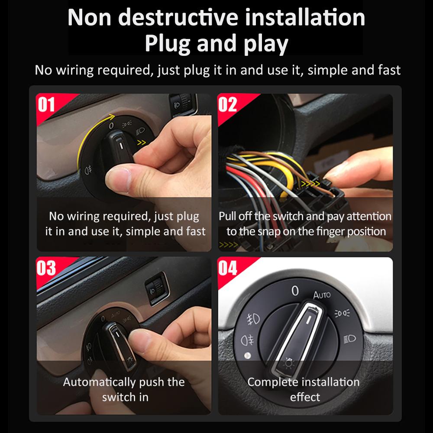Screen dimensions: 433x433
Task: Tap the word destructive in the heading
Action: [x=178, y=17]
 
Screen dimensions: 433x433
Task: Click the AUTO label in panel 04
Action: [x=322, y=295]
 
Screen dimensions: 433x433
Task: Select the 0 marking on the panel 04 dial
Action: [x=295, y=291]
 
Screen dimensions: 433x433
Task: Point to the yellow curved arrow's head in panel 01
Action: [x=111, y=117]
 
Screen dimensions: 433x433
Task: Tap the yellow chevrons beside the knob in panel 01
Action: [x=142, y=142]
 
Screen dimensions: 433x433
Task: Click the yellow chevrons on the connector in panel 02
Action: [x=310, y=184]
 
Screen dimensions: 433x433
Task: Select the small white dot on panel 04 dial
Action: [x=248, y=355]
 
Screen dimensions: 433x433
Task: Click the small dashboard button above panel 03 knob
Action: [x=157, y=288]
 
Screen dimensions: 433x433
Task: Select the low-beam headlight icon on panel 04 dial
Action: [x=349, y=339]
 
